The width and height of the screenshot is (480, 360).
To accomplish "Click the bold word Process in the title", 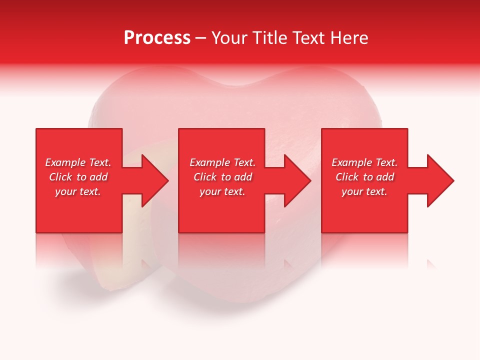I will (157, 38).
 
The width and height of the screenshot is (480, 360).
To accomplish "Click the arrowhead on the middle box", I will (296, 180).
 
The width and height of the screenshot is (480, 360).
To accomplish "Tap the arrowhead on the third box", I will (439, 180).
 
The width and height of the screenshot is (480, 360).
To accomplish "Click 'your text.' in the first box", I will (78, 191).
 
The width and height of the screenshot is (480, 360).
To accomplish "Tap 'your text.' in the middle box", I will (222, 191).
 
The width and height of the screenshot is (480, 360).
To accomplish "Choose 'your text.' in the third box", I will (364, 191).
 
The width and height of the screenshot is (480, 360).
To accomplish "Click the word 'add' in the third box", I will (385, 177).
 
